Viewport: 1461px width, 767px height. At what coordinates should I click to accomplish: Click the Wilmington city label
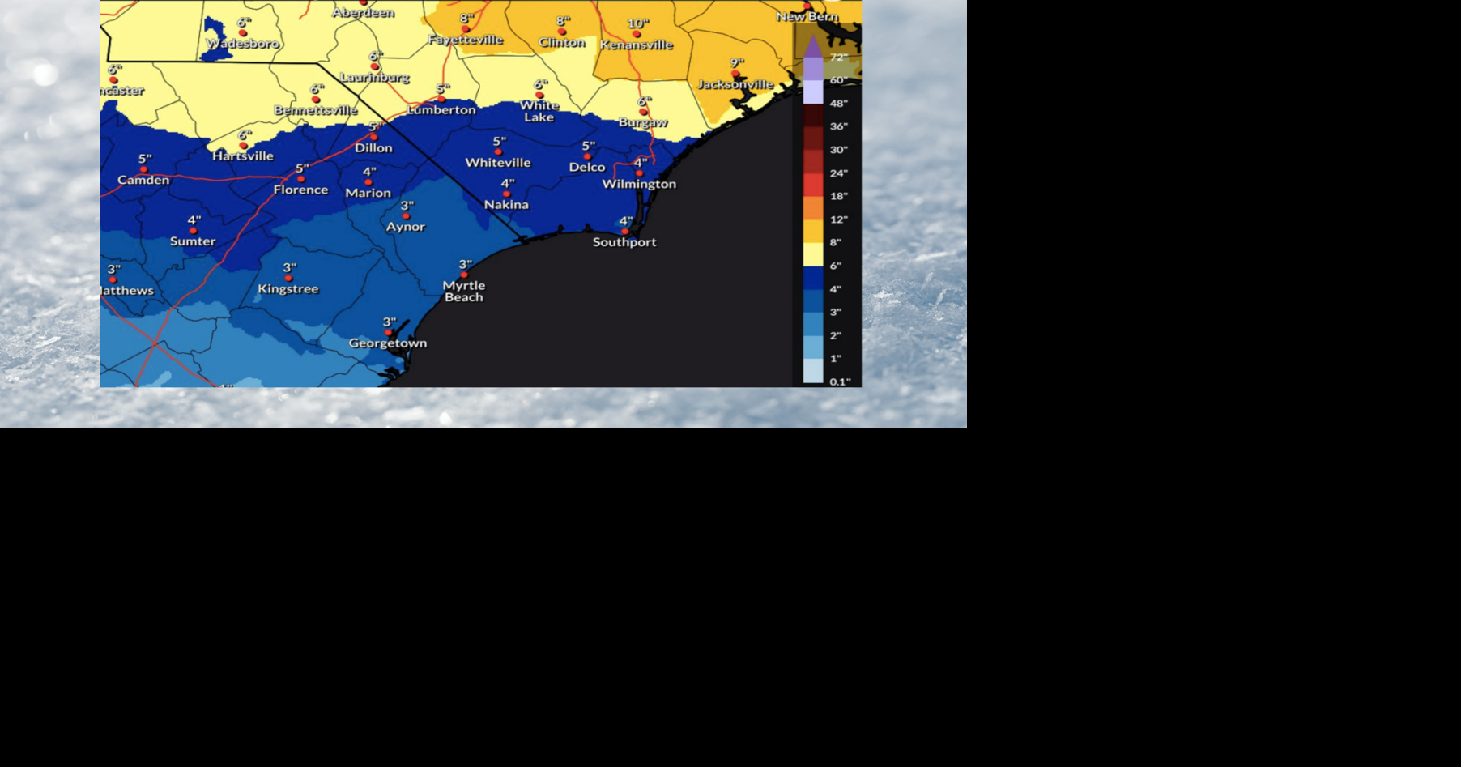tap(639, 184)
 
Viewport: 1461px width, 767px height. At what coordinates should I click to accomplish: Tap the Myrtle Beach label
tap(464, 291)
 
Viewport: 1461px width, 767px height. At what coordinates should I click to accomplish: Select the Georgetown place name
tap(388, 343)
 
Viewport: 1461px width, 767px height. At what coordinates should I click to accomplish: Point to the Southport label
tap(624, 242)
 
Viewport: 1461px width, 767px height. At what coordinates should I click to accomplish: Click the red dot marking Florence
tap(300, 179)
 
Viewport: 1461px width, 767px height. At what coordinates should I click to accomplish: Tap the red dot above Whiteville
tap(498, 152)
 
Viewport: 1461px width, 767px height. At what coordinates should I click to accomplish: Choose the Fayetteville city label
tap(466, 40)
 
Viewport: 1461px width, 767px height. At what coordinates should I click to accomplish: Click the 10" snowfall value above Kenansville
tap(638, 23)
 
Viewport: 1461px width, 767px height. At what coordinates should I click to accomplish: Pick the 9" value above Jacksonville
tap(736, 62)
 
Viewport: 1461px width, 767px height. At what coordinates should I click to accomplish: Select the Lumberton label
tap(441, 109)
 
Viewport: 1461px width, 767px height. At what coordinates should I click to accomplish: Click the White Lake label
tap(539, 111)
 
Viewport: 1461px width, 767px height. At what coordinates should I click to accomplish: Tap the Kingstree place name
tap(288, 289)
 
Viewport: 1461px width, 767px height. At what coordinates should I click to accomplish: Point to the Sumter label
tap(193, 241)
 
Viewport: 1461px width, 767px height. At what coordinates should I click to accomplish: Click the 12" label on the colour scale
tap(838, 219)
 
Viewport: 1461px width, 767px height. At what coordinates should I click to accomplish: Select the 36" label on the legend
tap(838, 126)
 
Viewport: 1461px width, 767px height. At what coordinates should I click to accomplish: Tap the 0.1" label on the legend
tap(840, 381)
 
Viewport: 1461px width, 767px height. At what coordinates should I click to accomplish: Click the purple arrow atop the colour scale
tap(813, 46)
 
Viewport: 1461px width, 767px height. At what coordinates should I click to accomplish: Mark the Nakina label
tap(506, 205)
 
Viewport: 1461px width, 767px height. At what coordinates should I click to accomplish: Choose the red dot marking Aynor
tap(406, 216)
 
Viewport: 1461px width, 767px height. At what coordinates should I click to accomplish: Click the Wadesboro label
tap(243, 44)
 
